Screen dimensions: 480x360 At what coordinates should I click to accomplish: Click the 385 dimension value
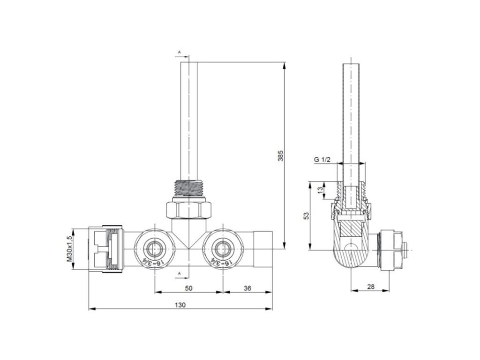[280, 156]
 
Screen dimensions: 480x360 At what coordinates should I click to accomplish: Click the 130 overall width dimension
[180, 305]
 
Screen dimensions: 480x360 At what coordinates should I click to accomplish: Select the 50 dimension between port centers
[189, 288]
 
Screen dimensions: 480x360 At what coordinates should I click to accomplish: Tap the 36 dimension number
[247, 288]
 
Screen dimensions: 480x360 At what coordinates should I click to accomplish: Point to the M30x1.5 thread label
[69, 248]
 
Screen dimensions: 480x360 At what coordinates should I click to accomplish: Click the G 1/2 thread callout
[322, 159]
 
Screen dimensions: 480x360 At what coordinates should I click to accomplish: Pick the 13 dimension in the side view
[320, 190]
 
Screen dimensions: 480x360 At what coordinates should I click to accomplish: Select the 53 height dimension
[307, 216]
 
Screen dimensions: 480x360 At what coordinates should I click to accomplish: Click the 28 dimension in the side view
[371, 287]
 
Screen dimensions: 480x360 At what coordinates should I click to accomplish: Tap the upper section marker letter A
[180, 52]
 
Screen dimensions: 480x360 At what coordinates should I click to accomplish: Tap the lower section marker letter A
[180, 273]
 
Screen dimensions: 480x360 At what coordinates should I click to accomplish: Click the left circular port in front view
[155, 248]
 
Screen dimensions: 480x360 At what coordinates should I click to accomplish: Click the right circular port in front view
[223, 248]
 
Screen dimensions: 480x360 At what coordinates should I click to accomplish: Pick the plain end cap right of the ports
[263, 249]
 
